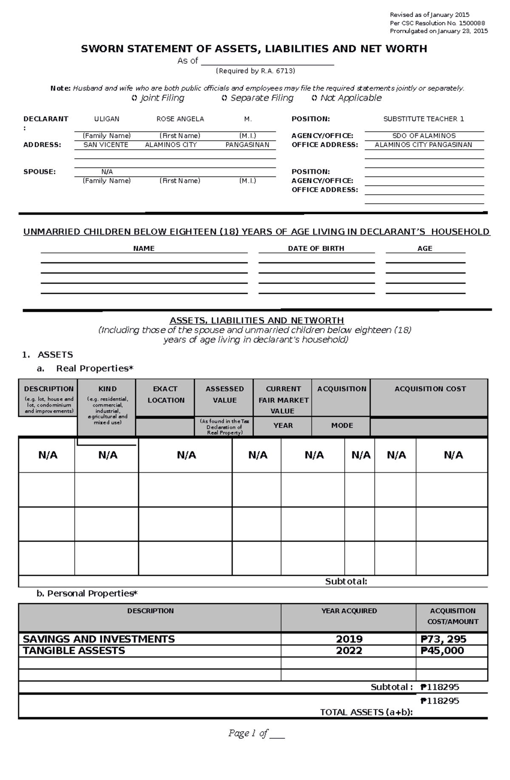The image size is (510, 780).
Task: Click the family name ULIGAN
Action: pos(107,119)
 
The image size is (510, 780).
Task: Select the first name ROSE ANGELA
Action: pos(180,119)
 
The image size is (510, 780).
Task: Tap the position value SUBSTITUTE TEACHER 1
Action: pos(424,119)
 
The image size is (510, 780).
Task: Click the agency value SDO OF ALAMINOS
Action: pos(424,136)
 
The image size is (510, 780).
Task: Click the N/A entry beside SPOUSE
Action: pos(107,172)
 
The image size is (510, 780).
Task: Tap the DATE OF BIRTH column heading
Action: pos(316,248)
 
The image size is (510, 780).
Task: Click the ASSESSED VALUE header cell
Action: pos(224,394)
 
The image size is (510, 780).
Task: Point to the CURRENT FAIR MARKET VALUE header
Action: pos(283,400)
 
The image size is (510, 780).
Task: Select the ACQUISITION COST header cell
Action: pos(430,389)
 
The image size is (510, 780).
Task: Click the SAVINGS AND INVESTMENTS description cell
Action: pos(99,639)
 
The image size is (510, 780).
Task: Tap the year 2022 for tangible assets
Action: pos(349,651)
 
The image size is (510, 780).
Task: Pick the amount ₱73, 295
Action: pos(443,639)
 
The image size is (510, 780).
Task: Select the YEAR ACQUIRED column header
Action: pos(349,611)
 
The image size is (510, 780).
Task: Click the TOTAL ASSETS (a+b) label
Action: pos(366,712)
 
